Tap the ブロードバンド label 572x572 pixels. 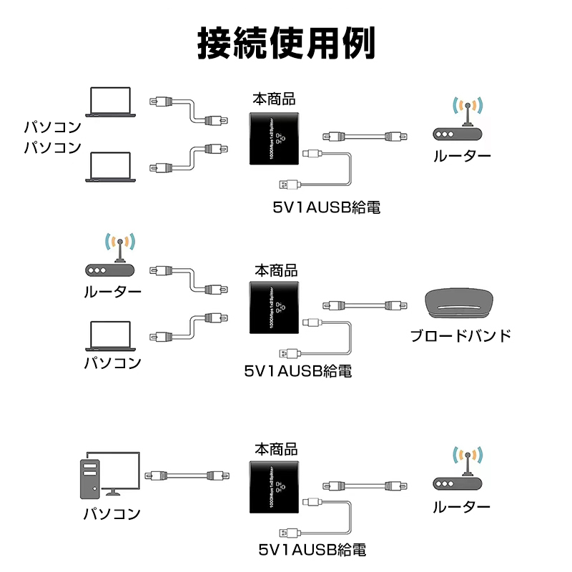click(461, 335)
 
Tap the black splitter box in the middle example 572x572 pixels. click(275, 308)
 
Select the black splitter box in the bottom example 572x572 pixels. click(275, 486)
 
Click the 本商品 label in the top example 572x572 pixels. click(274, 99)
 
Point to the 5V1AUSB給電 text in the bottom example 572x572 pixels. click(313, 551)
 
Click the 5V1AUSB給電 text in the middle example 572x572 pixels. click(298, 372)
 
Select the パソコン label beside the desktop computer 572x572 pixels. click(112, 513)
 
